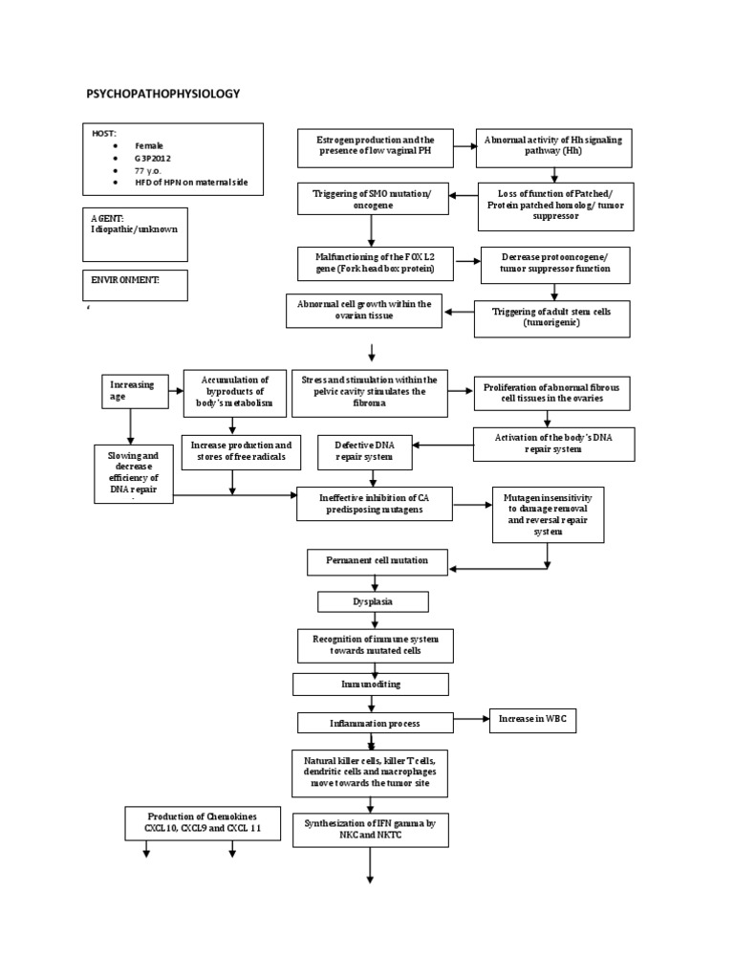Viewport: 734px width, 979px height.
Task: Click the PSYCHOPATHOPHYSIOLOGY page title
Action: [162, 94]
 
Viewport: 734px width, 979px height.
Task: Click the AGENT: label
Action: [108, 218]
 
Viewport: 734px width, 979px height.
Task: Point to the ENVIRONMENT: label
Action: [125, 280]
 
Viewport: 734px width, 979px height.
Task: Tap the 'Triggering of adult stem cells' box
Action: [551, 317]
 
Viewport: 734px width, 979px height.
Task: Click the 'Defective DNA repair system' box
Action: [365, 452]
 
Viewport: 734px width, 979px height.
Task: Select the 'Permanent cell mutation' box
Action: [377, 560]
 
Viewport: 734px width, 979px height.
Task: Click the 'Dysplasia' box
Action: [373, 602]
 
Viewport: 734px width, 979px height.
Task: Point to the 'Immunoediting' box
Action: [371, 685]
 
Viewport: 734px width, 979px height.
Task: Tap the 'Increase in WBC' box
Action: [532, 721]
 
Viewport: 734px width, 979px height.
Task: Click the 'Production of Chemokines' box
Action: [202, 822]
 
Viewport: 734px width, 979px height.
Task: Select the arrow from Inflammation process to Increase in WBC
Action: [468, 721]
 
